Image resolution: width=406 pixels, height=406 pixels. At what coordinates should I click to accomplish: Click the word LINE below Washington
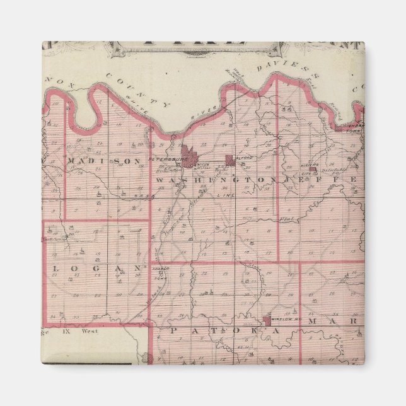tap(225, 195)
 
